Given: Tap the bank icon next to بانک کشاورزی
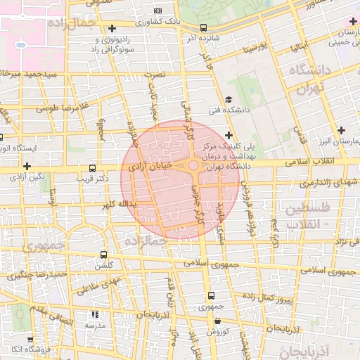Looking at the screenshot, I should coord(157,11).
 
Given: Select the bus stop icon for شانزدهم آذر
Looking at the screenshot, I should coord(203,27).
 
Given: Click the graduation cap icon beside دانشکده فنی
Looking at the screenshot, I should coord(229,100).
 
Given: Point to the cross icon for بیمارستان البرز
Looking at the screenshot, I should coord(341,129).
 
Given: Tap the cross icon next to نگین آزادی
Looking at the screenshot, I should coord(27,167).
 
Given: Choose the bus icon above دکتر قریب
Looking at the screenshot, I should coord(94,169).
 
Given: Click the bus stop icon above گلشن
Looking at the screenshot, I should coord(104,255).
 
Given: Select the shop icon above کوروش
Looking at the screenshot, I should coord(217,321).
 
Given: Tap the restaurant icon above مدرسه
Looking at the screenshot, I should coord(95,315).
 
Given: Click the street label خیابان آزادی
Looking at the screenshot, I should coord(150,166).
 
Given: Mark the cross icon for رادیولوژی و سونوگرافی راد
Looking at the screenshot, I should coord(112,28).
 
